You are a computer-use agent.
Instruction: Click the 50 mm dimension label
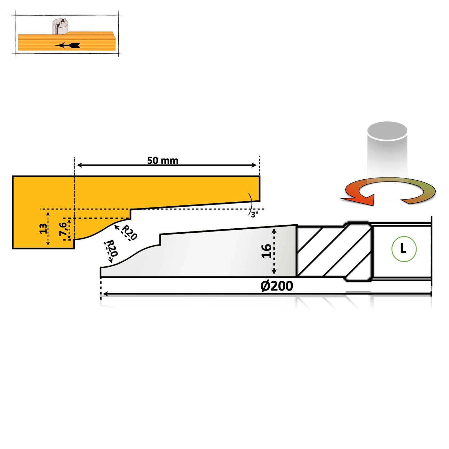(163, 160)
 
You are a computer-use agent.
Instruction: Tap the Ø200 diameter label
(277, 286)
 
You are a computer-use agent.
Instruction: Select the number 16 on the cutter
(266, 251)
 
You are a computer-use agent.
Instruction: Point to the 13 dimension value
(43, 228)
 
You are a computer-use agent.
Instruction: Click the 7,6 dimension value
(63, 229)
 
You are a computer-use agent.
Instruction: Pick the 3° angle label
(254, 214)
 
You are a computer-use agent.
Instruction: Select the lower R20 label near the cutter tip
(112, 248)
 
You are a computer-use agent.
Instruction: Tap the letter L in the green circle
(403, 249)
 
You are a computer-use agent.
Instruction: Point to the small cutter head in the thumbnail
(60, 26)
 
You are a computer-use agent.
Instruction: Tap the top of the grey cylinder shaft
(387, 131)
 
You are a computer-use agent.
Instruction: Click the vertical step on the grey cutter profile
(160, 239)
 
